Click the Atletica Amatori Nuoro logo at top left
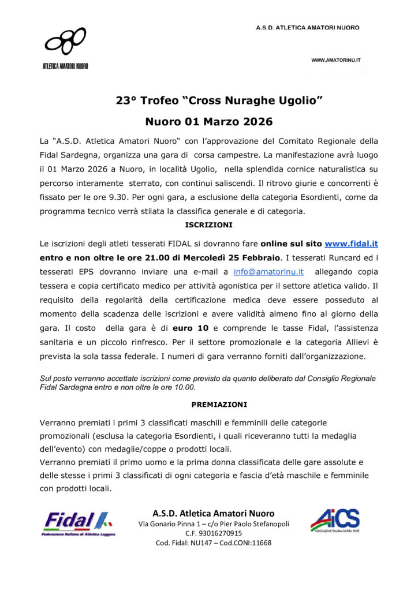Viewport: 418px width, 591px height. click(x=65, y=48)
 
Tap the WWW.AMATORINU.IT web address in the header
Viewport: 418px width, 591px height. click(x=336, y=59)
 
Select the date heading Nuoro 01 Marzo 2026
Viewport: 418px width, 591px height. click(x=209, y=122)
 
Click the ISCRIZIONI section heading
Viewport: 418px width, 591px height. click(x=208, y=224)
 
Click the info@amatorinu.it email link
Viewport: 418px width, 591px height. click(x=268, y=271)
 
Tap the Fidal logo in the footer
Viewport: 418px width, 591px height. click(x=79, y=523)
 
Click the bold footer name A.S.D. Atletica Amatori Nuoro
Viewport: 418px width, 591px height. click(x=213, y=513)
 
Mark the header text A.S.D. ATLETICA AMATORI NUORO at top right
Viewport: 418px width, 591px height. click(x=308, y=28)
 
